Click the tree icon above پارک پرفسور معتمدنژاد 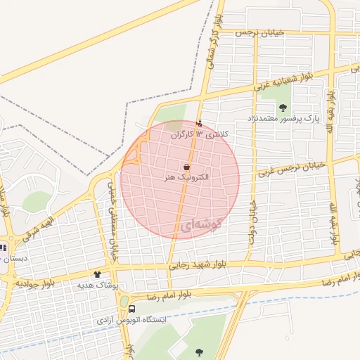[283, 108]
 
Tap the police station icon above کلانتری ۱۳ [198, 124]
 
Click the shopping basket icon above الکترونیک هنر [186, 167]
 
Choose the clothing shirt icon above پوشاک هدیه [97, 274]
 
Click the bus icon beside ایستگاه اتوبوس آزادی [132, 308]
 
